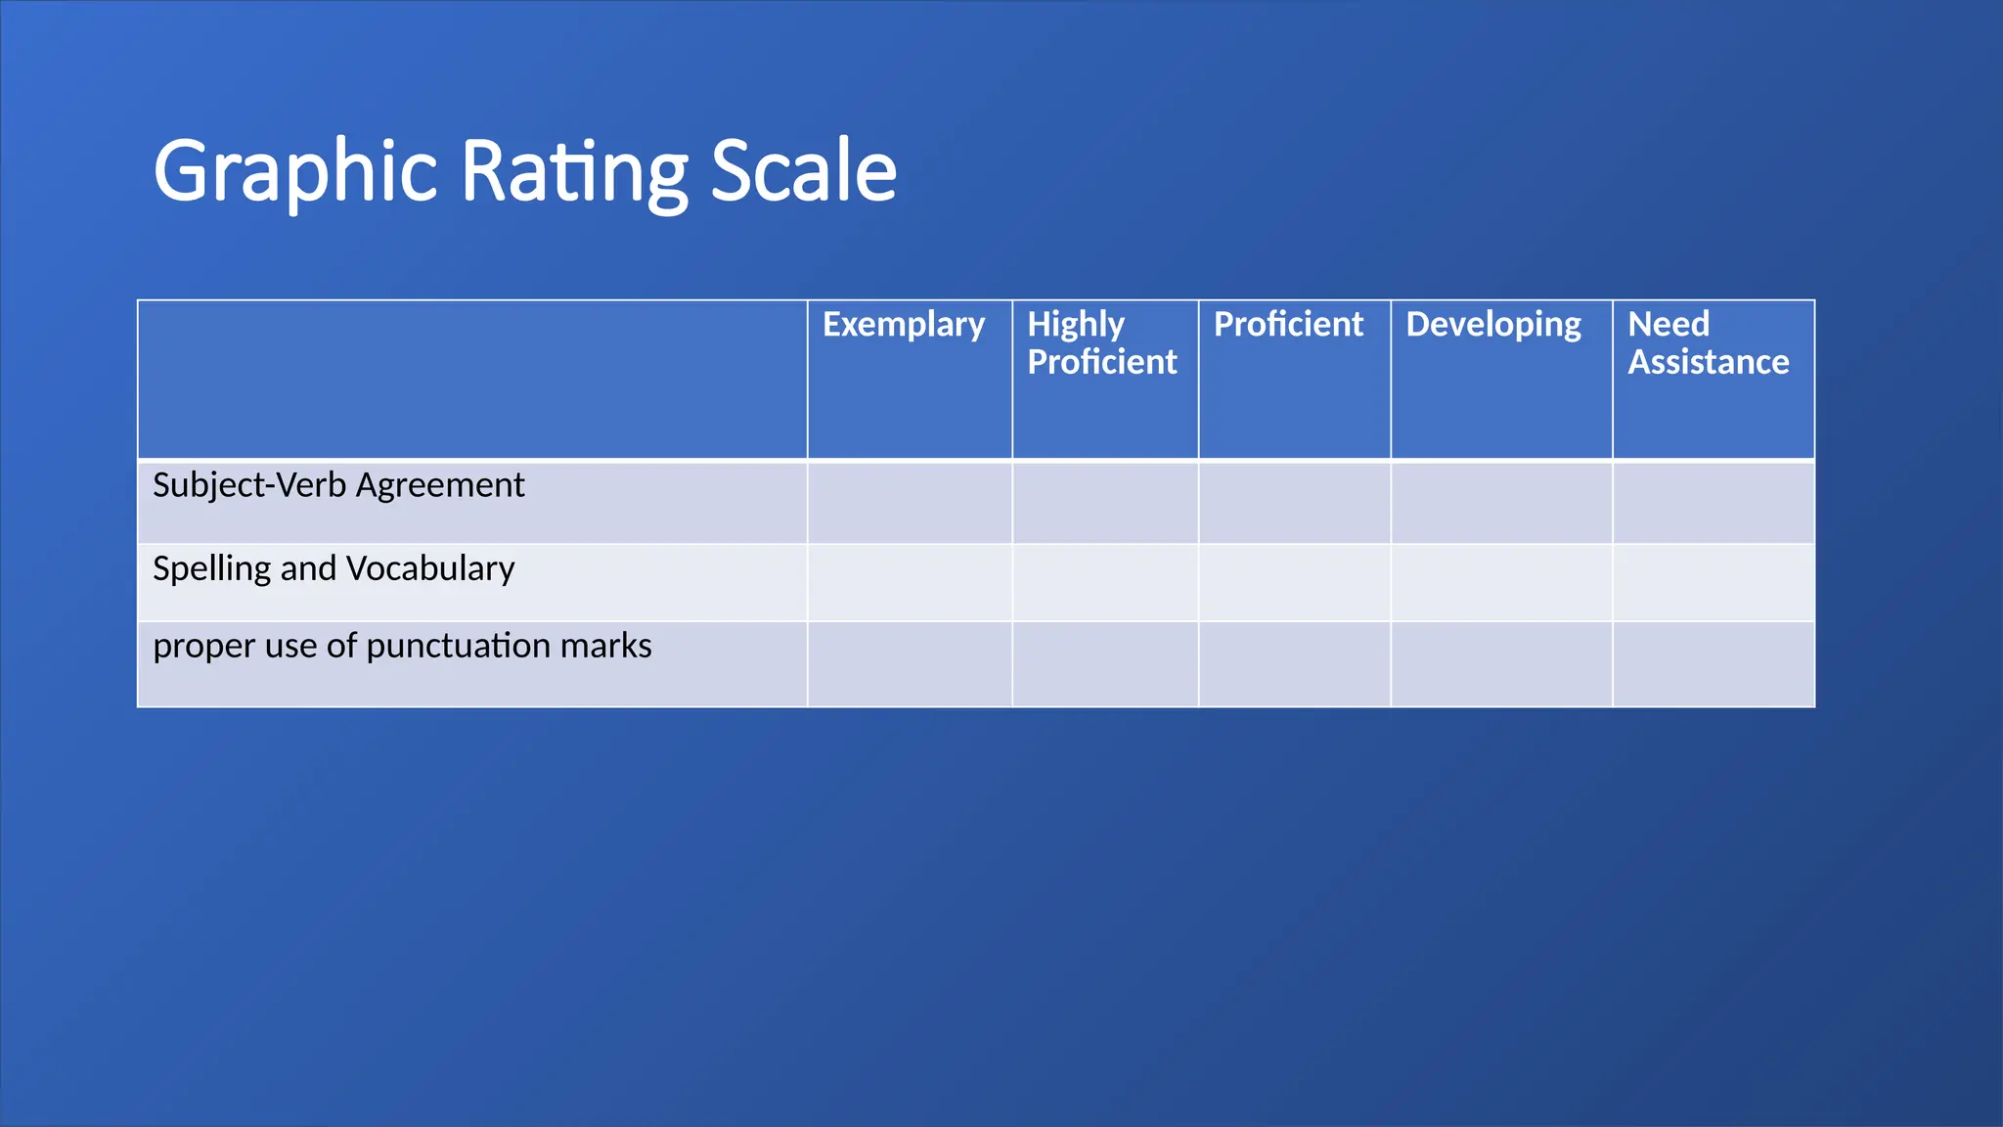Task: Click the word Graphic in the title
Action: pos(294,172)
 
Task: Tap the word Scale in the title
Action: pos(803,172)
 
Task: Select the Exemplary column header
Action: pos(904,325)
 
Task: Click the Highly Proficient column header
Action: pos(1102,343)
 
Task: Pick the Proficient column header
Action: pos(1288,325)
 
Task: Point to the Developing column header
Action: pos(1493,325)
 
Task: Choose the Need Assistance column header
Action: pos(1708,343)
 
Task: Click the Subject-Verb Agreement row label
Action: pos(338,485)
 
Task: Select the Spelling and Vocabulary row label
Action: pos(334,568)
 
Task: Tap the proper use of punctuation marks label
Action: pos(402,646)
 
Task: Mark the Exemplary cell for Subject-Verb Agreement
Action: pos(910,502)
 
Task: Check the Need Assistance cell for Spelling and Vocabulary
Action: pos(1714,583)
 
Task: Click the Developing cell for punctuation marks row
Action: pos(1501,664)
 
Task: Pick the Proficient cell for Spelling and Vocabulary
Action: pos(1294,583)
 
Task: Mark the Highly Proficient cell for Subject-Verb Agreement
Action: pos(1105,502)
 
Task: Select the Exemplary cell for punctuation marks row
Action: pos(910,664)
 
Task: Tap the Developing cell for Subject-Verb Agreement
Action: pos(1501,502)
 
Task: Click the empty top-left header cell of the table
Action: pos(472,380)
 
